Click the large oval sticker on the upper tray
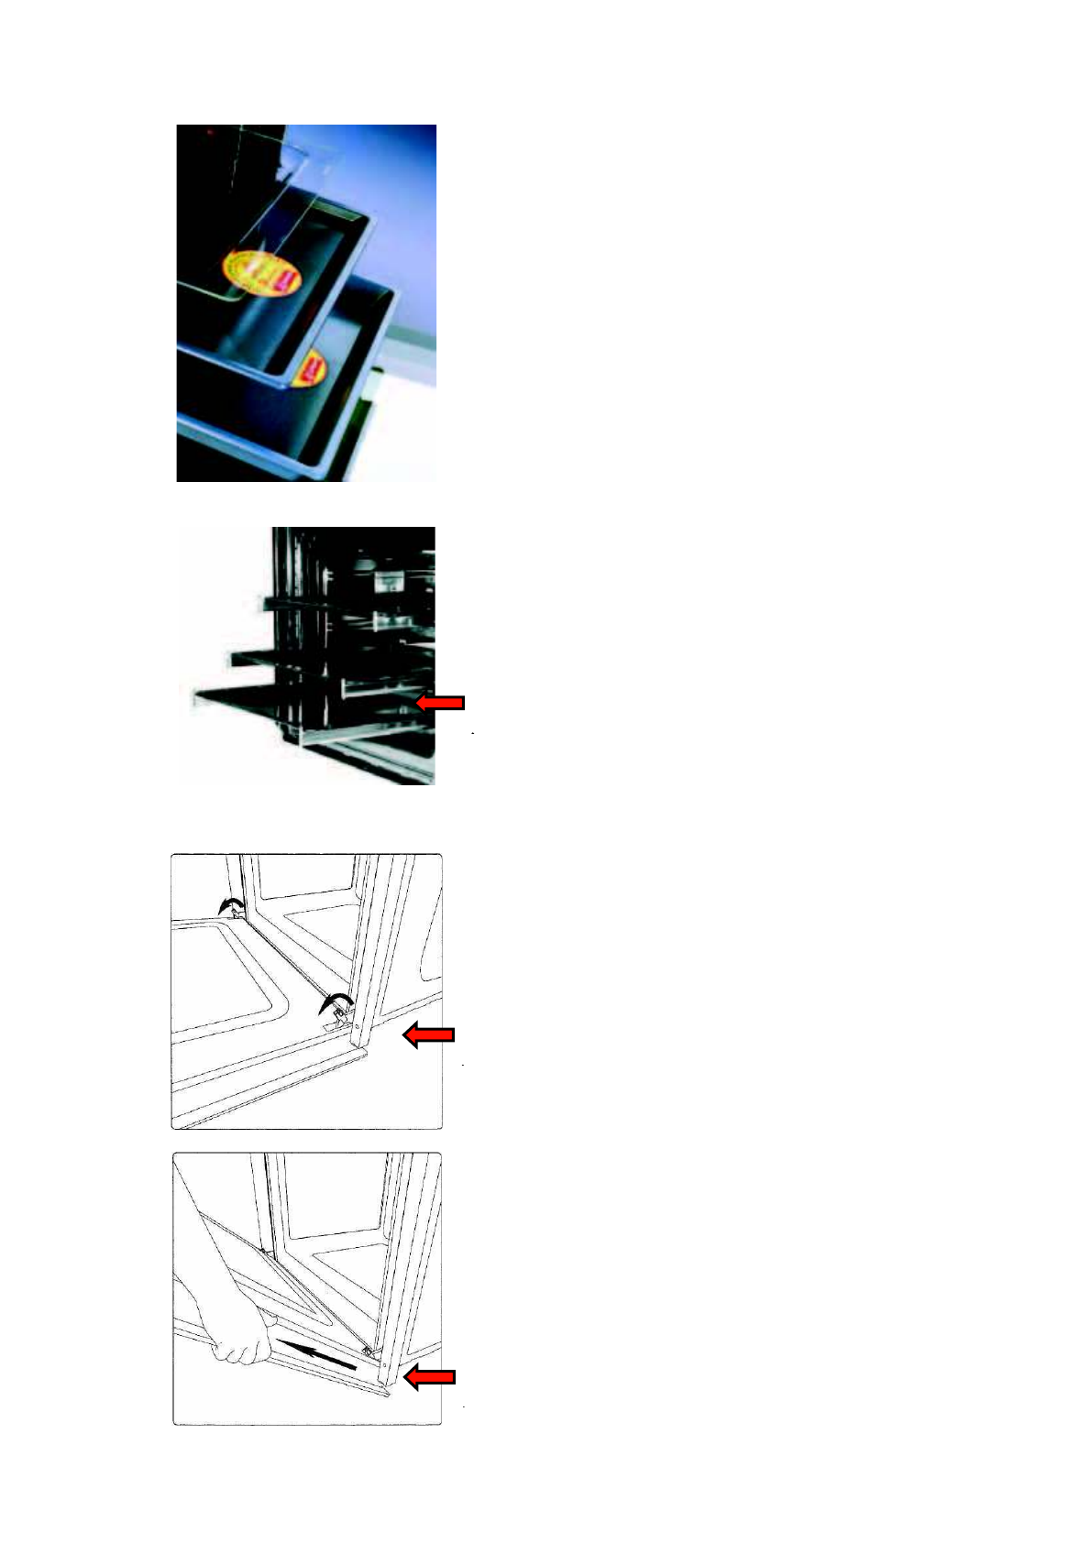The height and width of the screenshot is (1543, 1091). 263,271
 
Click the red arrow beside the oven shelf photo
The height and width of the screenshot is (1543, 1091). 441,703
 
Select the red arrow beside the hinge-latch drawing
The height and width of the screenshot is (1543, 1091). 429,1035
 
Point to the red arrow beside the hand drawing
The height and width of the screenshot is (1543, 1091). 430,1377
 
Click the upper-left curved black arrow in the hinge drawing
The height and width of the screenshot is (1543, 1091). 228,904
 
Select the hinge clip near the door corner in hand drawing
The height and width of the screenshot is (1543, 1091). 367,1351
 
